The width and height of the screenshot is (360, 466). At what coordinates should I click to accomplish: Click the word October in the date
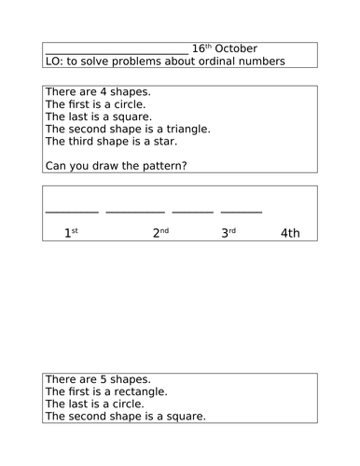pyautogui.click(x=237, y=48)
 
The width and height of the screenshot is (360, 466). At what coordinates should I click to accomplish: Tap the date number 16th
pyautogui.click(x=201, y=48)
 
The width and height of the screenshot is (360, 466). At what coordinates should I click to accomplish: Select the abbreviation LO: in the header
pyautogui.click(x=56, y=62)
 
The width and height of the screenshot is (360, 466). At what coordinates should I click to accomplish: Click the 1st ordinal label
pyautogui.click(x=71, y=233)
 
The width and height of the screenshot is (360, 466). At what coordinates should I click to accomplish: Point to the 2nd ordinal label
pyautogui.click(x=161, y=233)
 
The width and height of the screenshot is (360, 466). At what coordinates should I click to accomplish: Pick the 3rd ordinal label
pyautogui.click(x=228, y=233)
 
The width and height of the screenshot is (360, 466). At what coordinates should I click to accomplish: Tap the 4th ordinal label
pyautogui.click(x=290, y=233)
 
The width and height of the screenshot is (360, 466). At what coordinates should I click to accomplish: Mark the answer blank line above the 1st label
pyautogui.click(x=72, y=212)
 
